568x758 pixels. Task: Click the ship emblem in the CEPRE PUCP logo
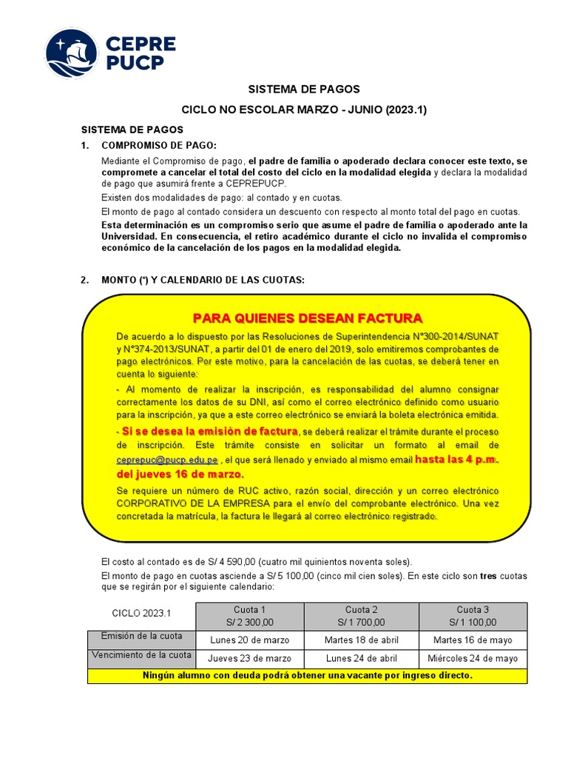click(x=72, y=54)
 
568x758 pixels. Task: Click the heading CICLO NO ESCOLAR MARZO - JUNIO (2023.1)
click(x=305, y=110)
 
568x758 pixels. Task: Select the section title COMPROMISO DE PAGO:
click(x=159, y=145)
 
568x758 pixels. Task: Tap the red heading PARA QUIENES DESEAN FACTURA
click(x=308, y=318)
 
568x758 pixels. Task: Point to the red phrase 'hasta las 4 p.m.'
click(x=456, y=460)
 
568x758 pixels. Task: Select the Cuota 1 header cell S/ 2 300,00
click(x=249, y=616)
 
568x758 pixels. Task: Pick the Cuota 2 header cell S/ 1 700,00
click(x=361, y=616)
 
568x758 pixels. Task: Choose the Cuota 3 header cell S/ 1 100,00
click(x=473, y=616)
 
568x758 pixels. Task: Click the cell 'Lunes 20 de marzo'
click(x=249, y=640)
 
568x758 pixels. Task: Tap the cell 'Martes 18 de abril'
click(x=361, y=640)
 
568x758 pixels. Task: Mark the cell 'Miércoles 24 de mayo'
click(x=473, y=658)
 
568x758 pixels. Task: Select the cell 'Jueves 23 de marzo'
click(x=249, y=658)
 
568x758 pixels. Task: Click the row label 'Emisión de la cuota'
click(x=141, y=637)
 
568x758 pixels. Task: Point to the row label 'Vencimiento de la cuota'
click(x=141, y=655)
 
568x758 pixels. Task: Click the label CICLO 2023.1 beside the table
click(x=141, y=614)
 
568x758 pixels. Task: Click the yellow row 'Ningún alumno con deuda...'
click(x=307, y=676)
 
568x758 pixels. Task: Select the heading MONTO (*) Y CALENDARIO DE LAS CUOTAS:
click(x=203, y=280)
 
